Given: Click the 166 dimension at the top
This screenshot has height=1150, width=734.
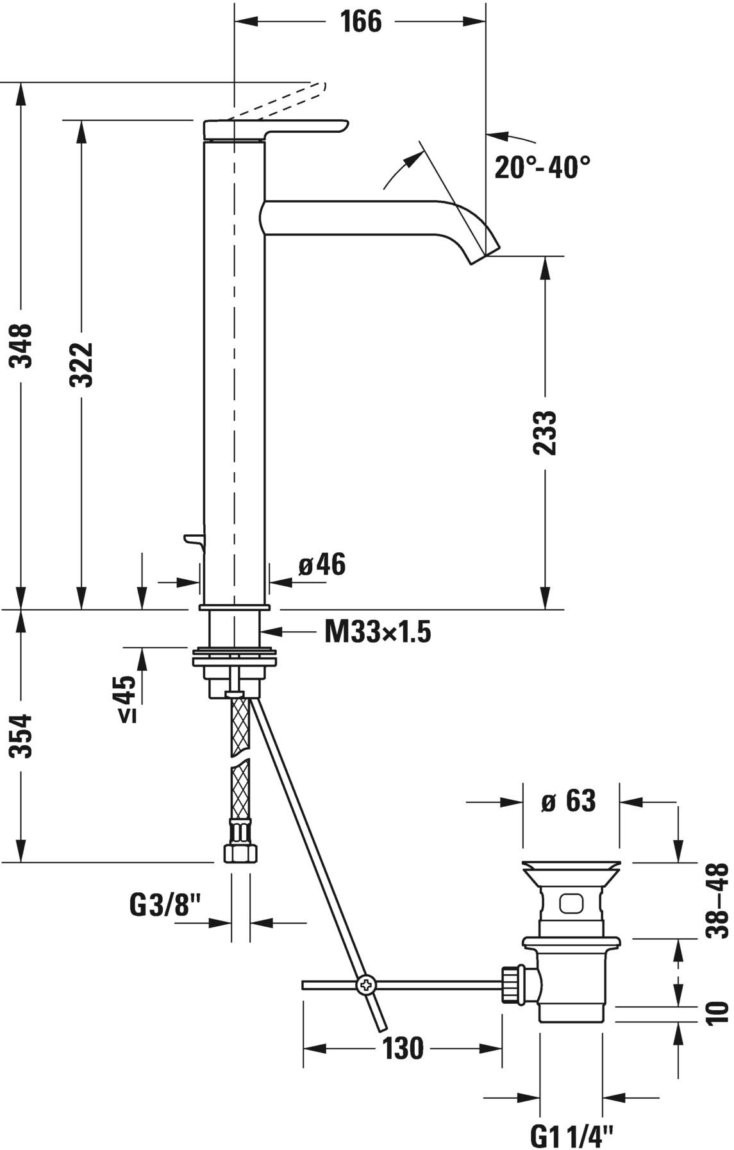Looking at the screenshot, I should (360, 22).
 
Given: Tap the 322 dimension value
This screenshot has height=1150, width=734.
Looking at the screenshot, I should (82, 364).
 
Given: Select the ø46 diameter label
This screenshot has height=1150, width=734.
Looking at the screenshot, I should (322, 565).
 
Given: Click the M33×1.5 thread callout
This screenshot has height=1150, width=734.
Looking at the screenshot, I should (378, 633).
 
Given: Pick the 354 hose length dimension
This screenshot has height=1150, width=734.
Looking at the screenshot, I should (24, 736).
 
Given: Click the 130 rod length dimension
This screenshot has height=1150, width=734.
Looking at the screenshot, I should (403, 1049).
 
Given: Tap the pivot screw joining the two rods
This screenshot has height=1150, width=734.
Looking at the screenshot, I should (367, 984).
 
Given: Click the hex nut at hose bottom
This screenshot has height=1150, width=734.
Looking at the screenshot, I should (240, 854).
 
